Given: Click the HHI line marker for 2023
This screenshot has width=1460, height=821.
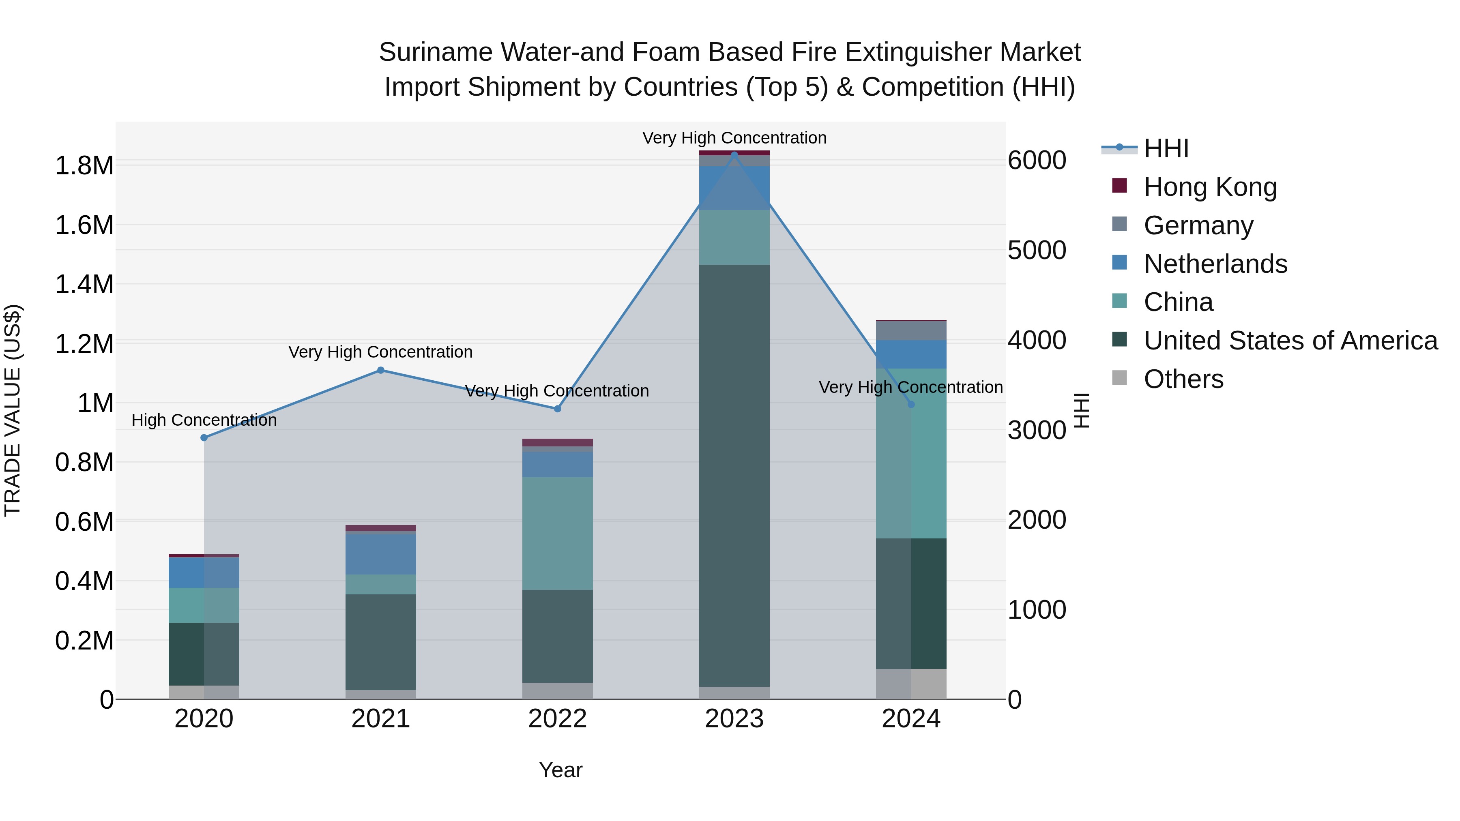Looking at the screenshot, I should [734, 155].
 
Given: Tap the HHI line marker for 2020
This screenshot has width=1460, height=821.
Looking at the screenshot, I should [204, 437].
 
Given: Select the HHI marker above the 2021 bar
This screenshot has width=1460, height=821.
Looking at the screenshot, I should [381, 370].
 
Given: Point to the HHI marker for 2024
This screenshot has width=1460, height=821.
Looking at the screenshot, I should [911, 404].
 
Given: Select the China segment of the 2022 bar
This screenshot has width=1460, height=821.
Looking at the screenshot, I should [557, 533].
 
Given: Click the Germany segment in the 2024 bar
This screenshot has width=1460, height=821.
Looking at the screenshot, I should [911, 330].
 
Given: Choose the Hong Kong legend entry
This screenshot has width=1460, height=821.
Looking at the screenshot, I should [1210, 187].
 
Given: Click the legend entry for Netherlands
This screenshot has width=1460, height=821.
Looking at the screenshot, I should [1215, 264].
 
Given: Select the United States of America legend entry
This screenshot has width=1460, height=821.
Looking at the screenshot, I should [1290, 341].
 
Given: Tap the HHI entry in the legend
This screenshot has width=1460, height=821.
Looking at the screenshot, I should [1166, 148].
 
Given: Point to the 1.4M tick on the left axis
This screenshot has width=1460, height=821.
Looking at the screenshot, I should [84, 285].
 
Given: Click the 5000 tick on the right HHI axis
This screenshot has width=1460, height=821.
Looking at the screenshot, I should [1037, 250].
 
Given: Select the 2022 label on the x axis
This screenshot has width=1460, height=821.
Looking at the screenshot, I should [557, 719].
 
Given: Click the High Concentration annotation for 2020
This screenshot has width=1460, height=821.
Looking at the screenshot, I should [204, 420].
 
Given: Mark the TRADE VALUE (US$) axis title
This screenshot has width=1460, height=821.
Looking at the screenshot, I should [13, 410].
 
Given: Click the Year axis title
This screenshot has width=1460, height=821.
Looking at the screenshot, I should [560, 770].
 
